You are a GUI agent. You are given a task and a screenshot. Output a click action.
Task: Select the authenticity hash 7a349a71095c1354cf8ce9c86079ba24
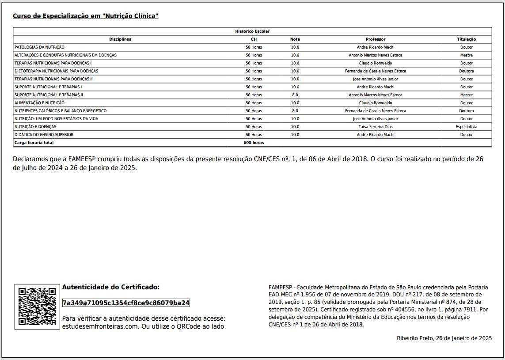(126, 303)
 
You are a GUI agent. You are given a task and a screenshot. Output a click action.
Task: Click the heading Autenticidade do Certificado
(111, 287)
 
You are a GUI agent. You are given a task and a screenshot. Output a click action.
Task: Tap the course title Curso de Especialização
(85, 16)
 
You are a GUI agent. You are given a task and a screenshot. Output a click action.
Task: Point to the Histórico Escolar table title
(252, 31)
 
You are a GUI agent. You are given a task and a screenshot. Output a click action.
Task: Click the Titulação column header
(466, 39)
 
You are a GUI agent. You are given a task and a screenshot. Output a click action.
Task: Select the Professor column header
(376, 39)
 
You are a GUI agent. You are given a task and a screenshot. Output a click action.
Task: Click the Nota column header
(295, 39)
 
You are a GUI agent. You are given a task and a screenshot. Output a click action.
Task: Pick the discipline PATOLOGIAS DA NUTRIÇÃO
(40, 47)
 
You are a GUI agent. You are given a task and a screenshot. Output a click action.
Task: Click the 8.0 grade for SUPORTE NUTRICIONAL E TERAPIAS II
(295, 95)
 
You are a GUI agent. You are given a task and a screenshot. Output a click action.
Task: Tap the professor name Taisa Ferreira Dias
(376, 127)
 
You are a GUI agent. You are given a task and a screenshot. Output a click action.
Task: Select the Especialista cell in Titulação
(466, 127)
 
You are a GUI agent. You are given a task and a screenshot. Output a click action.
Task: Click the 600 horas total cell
(254, 143)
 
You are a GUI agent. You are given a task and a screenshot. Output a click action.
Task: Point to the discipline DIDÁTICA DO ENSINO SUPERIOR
(44, 135)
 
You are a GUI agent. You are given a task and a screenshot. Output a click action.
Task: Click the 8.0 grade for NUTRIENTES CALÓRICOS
(295, 111)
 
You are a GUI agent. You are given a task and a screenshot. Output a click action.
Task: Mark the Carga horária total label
(34, 143)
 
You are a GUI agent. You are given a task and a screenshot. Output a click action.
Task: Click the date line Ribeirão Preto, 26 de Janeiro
(444, 338)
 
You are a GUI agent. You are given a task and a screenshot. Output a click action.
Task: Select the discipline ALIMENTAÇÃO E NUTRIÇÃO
(39, 103)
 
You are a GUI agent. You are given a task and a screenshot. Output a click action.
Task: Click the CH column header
(254, 39)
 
